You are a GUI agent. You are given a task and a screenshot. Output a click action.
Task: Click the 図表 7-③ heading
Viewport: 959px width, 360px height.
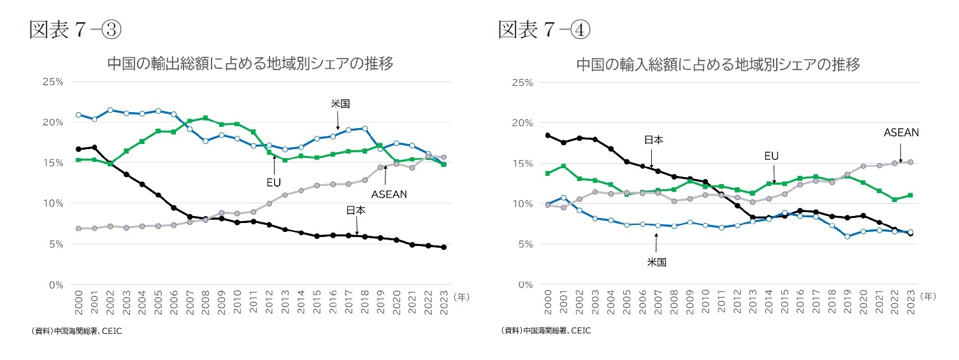click(x=75, y=29)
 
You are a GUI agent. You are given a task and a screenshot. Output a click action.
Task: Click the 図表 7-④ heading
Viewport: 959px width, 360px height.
click(x=545, y=29)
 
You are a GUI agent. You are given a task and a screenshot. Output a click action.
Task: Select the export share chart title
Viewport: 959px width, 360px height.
click(x=249, y=64)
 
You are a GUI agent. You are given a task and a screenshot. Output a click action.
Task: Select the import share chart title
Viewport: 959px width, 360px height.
click(x=718, y=64)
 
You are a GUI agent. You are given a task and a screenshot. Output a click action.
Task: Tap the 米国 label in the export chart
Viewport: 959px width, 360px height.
click(x=340, y=104)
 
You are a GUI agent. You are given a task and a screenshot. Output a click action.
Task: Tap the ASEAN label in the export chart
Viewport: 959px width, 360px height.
click(x=389, y=194)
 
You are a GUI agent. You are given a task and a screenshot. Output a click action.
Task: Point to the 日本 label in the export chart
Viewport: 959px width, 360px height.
click(x=356, y=210)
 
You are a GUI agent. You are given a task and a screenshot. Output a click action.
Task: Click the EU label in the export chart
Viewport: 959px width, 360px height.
click(x=273, y=182)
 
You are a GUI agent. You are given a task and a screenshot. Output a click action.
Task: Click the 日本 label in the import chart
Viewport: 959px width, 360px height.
click(x=653, y=140)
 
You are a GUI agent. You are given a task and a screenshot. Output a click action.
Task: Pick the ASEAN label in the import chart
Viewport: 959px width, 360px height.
click(x=901, y=133)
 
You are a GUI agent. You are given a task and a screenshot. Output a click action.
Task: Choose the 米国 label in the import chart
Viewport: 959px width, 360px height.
click(x=656, y=262)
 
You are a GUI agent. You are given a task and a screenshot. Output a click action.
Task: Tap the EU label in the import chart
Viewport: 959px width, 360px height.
click(x=771, y=155)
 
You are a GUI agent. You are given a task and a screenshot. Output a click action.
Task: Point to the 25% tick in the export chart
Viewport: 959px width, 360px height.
click(x=53, y=82)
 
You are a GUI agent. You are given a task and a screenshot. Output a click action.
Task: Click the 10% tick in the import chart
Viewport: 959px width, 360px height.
click(x=523, y=204)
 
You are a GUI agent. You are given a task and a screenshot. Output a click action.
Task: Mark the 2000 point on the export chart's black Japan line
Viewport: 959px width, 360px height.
click(x=78, y=149)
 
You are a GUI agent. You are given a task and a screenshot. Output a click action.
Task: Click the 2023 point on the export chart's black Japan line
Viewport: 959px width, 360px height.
click(x=444, y=247)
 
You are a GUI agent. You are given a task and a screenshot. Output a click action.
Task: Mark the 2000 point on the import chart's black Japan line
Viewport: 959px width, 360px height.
click(x=547, y=135)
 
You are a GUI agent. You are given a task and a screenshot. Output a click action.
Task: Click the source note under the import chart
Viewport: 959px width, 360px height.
click(x=547, y=331)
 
